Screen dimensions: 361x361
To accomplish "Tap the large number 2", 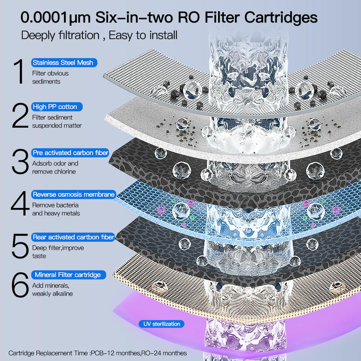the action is pos(20,116).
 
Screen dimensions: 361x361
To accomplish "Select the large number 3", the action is pos(20,162).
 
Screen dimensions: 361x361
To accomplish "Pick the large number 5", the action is pos(20,246).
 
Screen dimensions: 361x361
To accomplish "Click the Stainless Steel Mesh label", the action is pos(62,63).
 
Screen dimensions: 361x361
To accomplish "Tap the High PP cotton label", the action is pos(55,107).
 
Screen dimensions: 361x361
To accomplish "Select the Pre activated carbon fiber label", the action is pos(71,153).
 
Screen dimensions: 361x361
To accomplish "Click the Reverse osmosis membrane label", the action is pos(74,194).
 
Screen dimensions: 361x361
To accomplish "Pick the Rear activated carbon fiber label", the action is pos(73,237).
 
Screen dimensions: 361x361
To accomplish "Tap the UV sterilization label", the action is pos(162,324).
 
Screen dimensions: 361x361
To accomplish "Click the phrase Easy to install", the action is pos(143,36).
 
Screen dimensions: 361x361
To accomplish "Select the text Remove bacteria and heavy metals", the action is pos(56,209).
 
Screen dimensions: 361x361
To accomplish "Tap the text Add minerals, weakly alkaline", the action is pos(52,290).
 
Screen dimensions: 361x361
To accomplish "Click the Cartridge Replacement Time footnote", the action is pos(97,353).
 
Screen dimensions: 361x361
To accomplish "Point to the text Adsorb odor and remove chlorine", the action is pos(55,167).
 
